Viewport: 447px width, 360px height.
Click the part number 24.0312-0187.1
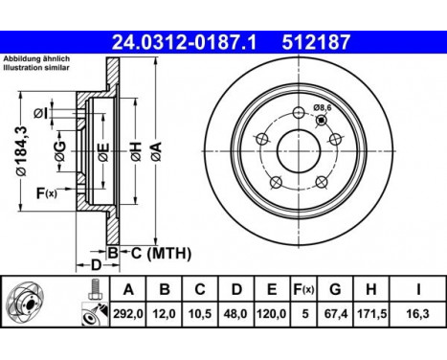coord(192,42)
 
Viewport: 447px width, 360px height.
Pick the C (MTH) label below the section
coord(158,253)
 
